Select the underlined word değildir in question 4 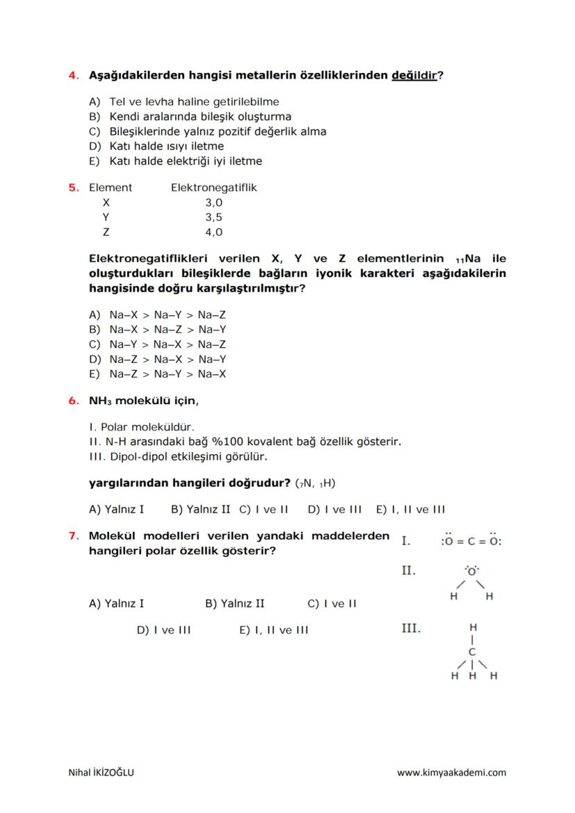click(x=415, y=75)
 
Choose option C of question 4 click(x=208, y=131)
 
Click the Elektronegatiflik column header click(x=213, y=187)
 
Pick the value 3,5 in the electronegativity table click(x=213, y=217)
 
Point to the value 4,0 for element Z click(x=213, y=233)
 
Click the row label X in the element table click(x=106, y=203)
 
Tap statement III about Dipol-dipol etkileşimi click(x=178, y=456)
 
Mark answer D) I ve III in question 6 click(x=334, y=509)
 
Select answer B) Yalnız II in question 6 click(x=200, y=509)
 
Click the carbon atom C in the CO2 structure click(x=472, y=542)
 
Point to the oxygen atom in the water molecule click(x=472, y=571)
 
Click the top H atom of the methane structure click(x=473, y=626)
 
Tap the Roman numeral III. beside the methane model click(x=410, y=628)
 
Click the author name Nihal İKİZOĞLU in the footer click(x=101, y=772)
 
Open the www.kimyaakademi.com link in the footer click(x=451, y=772)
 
